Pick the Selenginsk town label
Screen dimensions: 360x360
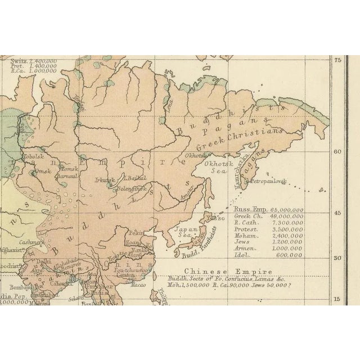[x=129, y=190]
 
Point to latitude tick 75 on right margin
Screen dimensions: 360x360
[x=338, y=60]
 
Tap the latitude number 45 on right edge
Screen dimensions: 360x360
[x=338, y=213]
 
